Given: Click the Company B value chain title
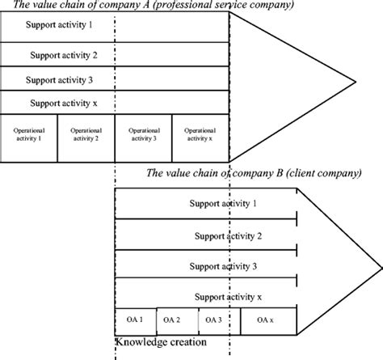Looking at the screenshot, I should [x=252, y=175].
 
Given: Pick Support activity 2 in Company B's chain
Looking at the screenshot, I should [x=225, y=235].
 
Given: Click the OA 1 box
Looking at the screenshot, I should [x=135, y=320].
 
